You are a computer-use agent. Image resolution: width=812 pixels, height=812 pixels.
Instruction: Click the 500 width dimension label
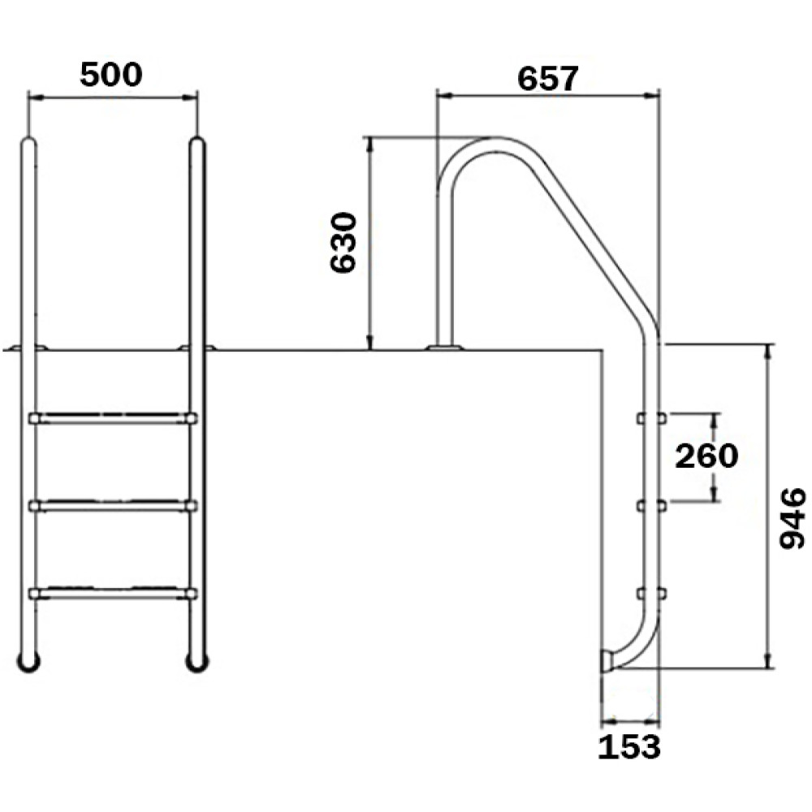coord(110,75)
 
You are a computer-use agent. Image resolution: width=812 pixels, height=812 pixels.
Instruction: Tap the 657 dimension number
coord(547,80)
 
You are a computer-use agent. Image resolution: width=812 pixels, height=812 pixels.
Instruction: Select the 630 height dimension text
coord(343,242)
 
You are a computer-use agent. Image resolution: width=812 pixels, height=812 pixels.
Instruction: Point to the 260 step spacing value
coord(706,456)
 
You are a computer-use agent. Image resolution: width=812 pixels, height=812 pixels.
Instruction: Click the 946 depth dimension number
coord(793,518)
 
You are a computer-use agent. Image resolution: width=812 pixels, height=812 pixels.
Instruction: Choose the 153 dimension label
coord(629,748)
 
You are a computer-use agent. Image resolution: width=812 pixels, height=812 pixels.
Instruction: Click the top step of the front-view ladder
coord(113,418)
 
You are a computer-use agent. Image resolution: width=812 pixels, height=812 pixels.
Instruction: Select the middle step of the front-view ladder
coord(113,505)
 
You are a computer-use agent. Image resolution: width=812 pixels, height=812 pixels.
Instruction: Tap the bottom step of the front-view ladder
coord(113,593)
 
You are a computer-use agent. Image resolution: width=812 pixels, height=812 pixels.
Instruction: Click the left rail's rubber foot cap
coord(28,663)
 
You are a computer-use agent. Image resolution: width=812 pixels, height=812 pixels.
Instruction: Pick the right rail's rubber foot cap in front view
coord(197,663)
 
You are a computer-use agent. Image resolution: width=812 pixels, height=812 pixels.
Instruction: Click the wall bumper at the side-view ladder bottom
coord(607,661)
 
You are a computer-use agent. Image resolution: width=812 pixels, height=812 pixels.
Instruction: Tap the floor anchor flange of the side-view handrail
coord(444,348)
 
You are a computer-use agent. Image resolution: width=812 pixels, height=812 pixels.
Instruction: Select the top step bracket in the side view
coord(651,418)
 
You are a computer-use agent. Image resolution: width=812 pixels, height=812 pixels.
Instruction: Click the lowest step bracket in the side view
coord(651,593)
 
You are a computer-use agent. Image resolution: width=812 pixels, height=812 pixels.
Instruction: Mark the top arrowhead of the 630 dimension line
coord(369,145)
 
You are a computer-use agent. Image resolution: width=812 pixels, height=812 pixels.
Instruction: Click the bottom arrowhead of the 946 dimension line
coord(767,661)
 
